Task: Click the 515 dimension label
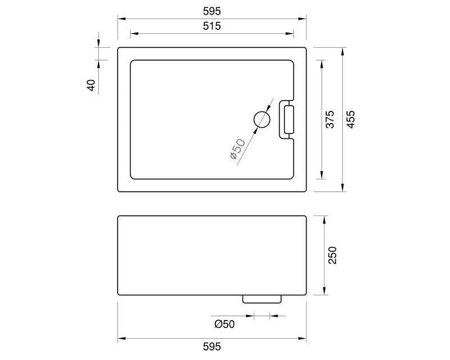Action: point(211,26)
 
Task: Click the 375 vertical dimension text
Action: point(330,119)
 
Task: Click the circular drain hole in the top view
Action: point(262,119)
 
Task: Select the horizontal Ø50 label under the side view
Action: point(224,323)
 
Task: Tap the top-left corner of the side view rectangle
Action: point(118,217)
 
